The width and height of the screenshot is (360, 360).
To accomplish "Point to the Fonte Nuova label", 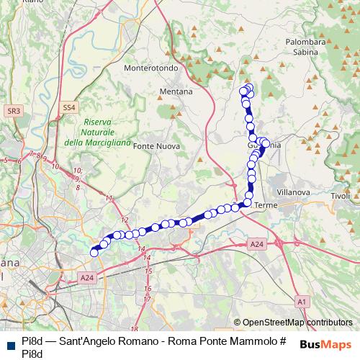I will pos(156,146).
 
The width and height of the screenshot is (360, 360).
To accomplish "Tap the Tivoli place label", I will pos(339,196).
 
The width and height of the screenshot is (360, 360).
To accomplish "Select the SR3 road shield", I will pos(13,111).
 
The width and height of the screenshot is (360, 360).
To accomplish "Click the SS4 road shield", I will pos(68,107).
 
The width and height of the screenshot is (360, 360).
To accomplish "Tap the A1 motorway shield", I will pos(302,302).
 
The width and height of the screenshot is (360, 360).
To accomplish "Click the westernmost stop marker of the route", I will pos(94,252).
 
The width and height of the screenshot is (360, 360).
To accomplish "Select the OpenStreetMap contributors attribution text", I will pos(297,323).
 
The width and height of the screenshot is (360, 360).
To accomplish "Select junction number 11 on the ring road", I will pos(109,198).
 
